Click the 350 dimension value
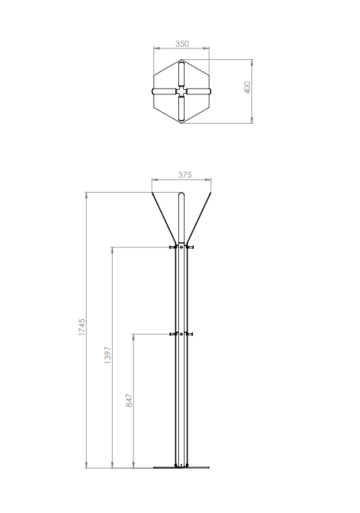(182, 44)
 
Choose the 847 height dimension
(129, 400)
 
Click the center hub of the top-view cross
(181, 91)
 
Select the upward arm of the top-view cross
(181, 74)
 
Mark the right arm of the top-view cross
(198, 91)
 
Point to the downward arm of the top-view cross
(181, 109)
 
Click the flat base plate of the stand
(181, 467)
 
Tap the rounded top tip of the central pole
(181, 195)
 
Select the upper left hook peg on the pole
(172, 247)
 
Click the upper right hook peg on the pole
(190, 247)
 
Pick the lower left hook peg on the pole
(172, 334)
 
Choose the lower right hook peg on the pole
(190, 334)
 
